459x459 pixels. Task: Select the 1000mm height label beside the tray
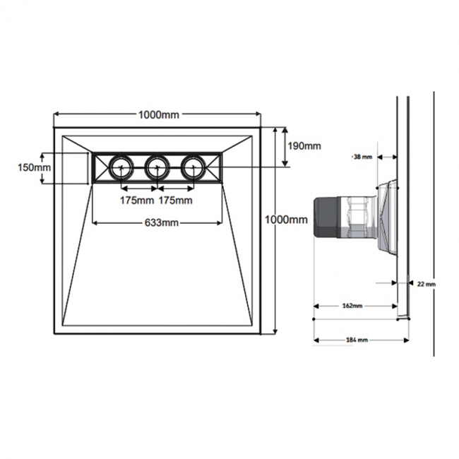coord(286,220)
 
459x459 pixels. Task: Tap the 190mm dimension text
coord(304,146)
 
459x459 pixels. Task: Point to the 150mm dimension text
coord(35,167)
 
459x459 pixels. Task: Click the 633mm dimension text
coord(161,223)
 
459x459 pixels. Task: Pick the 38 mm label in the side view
coord(361,157)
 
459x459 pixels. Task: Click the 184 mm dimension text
coord(357,340)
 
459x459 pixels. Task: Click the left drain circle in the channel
coord(119,167)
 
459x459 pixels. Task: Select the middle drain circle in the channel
coord(156,167)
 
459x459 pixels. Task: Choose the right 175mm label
coord(175,201)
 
